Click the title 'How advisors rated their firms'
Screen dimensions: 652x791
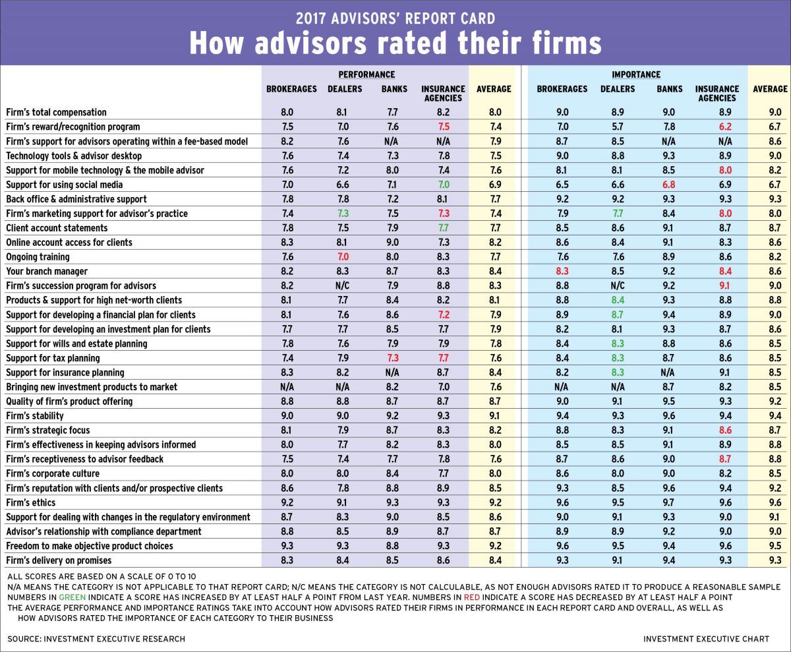tap(395, 43)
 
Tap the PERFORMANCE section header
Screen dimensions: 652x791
tap(366, 74)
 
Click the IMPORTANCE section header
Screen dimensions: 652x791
tap(635, 74)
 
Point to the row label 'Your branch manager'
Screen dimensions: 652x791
tap(47, 271)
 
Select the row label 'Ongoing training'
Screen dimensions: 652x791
tap(38, 256)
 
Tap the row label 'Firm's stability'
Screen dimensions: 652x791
tap(35, 415)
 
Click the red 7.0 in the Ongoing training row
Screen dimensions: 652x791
tap(341, 256)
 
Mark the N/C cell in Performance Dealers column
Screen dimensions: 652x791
tap(341, 285)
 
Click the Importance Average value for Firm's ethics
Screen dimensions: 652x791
tap(770, 502)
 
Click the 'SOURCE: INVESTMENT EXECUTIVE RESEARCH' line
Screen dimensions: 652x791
tap(96, 638)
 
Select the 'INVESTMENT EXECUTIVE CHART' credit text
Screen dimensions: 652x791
tap(706, 638)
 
